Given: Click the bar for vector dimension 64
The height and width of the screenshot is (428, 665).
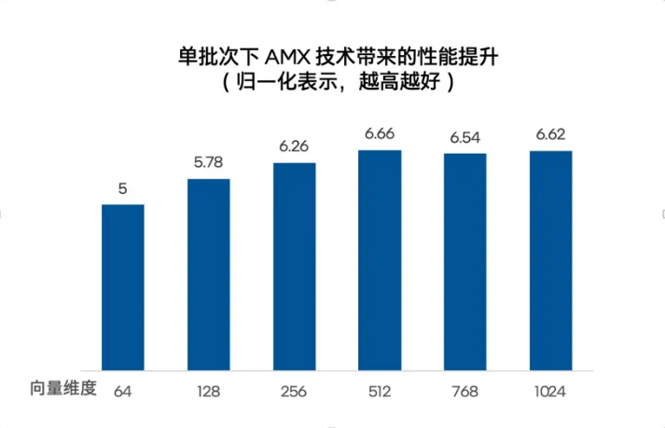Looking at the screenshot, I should tap(122, 286).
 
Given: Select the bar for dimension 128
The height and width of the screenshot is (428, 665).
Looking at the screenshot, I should tap(209, 273).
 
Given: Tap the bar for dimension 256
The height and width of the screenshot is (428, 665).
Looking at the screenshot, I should tap(294, 266).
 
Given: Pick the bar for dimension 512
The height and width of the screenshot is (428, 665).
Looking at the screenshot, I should tap(380, 259).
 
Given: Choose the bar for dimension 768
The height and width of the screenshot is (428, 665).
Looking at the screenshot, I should tap(464, 261).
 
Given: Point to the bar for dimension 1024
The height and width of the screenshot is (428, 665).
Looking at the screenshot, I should tap(550, 260).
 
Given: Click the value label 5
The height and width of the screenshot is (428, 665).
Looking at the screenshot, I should tap(122, 188).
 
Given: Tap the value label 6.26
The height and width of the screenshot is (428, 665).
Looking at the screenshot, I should tap(294, 147).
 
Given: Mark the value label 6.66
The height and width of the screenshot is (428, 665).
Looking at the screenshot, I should tap(380, 134).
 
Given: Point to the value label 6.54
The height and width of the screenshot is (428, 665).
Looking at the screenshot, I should tap(464, 137).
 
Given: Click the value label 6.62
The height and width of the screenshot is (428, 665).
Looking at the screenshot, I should tap(550, 135).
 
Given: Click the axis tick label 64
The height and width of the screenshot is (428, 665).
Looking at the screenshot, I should tap(122, 391).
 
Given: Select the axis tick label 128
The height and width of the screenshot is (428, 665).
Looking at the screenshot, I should tap(209, 391).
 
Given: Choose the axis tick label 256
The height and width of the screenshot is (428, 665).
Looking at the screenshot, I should tap(294, 391).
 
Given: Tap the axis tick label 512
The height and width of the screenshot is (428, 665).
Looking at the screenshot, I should tap(380, 391).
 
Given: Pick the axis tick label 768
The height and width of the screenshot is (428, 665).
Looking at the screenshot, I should tap(464, 391).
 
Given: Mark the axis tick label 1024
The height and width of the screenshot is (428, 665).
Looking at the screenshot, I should tap(550, 391).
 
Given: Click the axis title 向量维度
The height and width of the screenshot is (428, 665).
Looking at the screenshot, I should tap(62, 389).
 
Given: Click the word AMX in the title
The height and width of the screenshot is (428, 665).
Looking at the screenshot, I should tap(289, 59).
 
